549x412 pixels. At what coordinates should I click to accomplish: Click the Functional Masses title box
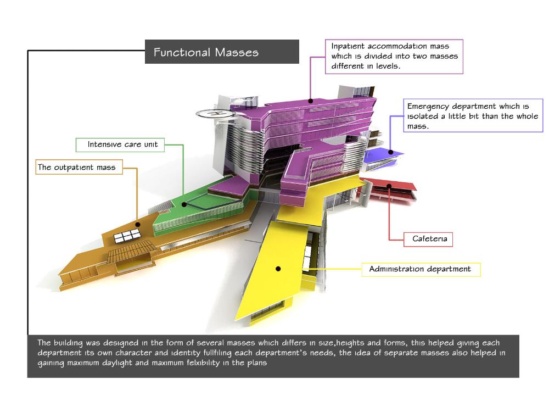222,52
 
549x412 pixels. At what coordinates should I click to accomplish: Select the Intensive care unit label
122,144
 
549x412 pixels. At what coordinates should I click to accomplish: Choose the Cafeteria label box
425,239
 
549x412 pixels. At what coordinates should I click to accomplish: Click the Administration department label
420,269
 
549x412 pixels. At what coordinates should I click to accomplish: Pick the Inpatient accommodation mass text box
394,57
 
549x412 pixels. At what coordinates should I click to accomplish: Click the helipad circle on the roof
215,113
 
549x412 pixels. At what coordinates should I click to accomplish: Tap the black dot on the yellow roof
278,269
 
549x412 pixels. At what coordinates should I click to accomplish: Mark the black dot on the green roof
185,204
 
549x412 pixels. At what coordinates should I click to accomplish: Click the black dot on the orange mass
138,225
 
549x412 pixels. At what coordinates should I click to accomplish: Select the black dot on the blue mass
391,152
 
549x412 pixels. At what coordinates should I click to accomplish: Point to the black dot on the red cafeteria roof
389,186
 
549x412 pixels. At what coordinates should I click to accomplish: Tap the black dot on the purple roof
310,101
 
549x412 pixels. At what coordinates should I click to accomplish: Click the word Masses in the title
237,53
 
